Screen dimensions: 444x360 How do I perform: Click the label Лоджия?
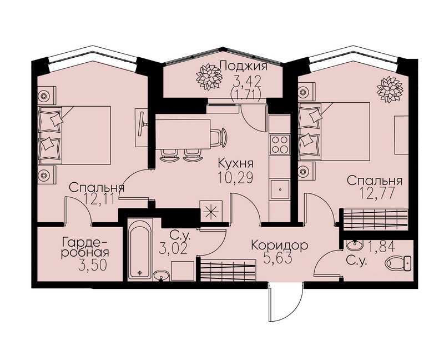[x=244, y=67]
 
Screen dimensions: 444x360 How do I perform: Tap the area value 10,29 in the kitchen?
[x=235, y=178]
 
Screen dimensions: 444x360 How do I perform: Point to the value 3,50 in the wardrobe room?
[x=93, y=266]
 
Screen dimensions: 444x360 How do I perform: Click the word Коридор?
[x=280, y=246]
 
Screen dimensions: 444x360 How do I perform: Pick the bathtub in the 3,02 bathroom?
[x=140, y=250]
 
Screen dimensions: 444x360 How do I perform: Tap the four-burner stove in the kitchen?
[x=280, y=144]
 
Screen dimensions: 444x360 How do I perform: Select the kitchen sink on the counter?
[x=280, y=189]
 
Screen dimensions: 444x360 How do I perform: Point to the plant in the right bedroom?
[x=390, y=89]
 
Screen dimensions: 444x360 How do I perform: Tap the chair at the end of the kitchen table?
[x=219, y=137]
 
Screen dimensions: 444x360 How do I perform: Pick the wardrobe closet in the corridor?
[x=228, y=270]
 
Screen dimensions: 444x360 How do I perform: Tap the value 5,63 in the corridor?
[x=277, y=258]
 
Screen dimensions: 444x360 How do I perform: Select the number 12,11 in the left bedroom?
[x=100, y=199]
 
